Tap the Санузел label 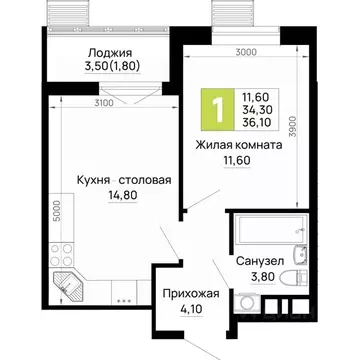click(262, 261)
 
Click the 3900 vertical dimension click(320, 126)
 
